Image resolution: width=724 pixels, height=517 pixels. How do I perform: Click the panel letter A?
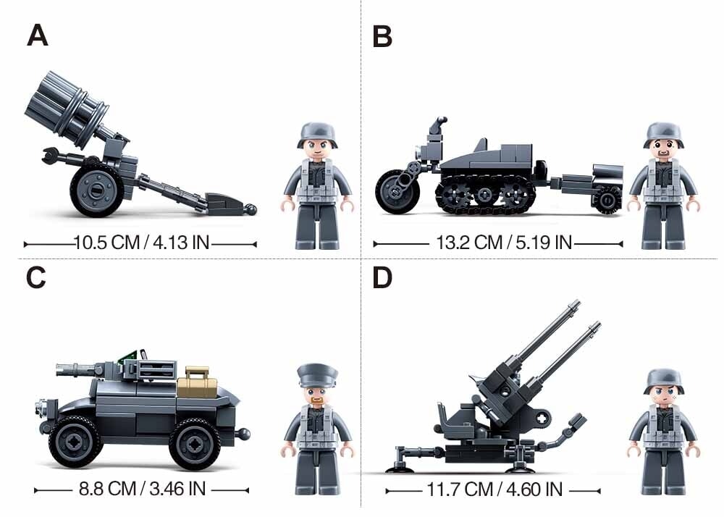pos(38,35)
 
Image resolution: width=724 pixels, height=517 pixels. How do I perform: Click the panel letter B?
pos(382,36)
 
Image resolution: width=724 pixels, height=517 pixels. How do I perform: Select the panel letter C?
pos(36,277)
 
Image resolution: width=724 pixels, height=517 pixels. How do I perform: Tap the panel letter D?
pos(382,277)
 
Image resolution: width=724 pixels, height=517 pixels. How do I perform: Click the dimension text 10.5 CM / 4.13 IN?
pos(142,243)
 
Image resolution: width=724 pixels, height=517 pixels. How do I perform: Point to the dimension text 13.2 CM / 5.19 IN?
pos(504,243)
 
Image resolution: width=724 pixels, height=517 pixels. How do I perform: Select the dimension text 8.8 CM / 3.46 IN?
pos(142,489)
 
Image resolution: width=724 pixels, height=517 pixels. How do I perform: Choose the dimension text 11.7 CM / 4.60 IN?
pos(494,489)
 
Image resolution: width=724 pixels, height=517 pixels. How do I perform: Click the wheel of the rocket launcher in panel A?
pos(97,190)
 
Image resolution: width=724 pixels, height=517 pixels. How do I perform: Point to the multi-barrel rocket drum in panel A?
pos(67,109)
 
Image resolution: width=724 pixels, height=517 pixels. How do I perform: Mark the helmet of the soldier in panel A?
pos(317,135)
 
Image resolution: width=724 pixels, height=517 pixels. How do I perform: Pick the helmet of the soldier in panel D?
pos(663,381)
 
